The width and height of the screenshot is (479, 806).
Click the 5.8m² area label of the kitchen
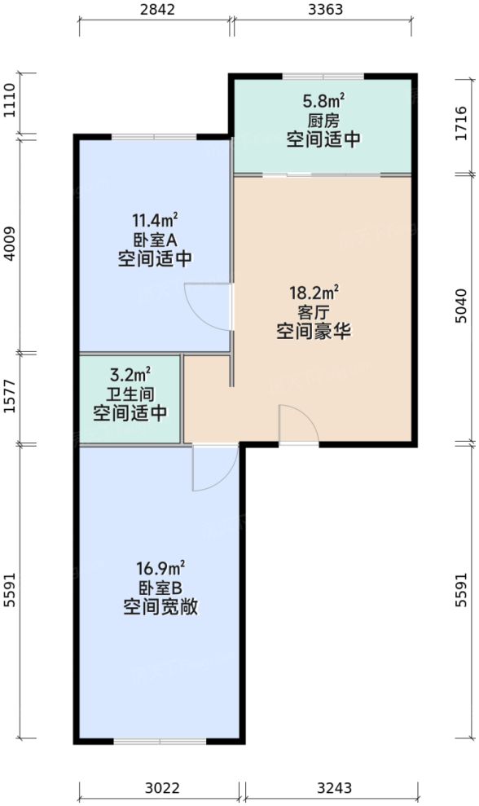pyautogui.click(x=323, y=101)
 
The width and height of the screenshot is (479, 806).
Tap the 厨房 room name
pyautogui.click(x=323, y=120)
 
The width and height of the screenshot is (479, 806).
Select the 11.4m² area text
pyautogui.click(x=155, y=220)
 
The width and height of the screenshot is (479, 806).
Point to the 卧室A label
pyautogui.click(x=155, y=240)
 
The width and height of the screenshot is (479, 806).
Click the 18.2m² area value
pyautogui.click(x=314, y=292)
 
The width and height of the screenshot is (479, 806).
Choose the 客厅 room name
pyautogui.click(x=314, y=311)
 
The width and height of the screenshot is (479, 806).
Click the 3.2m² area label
pyautogui.click(x=130, y=375)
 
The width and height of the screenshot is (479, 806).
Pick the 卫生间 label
pyautogui.click(x=130, y=394)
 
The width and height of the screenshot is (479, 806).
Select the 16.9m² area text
pyautogui.click(x=160, y=567)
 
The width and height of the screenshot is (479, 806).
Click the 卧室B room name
pyautogui.click(x=160, y=587)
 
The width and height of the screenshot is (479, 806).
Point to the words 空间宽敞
pyautogui.click(x=160, y=607)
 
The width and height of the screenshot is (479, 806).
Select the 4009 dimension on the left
pyautogui.click(x=10, y=243)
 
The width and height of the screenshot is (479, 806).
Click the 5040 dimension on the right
pyautogui.click(x=462, y=306)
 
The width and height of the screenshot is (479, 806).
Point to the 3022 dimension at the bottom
pyautogui.click(x=161, y=788)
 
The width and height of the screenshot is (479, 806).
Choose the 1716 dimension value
pyautogui.click(x=462, y=124)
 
